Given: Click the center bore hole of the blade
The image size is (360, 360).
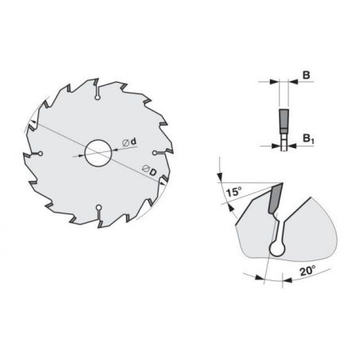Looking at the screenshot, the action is click(98, 153).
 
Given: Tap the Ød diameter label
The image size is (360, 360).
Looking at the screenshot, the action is click(129, 142).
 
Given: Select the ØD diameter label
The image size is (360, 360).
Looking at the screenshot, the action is click(149, 170).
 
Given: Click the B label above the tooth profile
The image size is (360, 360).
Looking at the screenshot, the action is click(306, 75).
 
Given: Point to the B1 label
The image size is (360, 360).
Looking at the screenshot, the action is click(308, 139).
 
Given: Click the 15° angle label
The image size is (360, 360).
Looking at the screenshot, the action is click(233, 191).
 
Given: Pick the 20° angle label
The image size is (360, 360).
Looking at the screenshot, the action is click(307, 271).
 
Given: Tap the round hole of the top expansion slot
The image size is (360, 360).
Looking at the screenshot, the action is click(97, 98).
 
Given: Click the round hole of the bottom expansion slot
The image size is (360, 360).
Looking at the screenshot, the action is click(99, 207).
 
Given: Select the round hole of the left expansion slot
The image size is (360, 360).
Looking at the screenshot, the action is click(41, 154).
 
